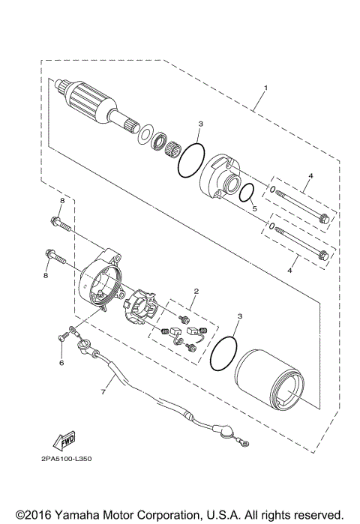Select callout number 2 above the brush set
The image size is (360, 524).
pos(196,291)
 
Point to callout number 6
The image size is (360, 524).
pos(61,363)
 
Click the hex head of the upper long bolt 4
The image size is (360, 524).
pos(324,219)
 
